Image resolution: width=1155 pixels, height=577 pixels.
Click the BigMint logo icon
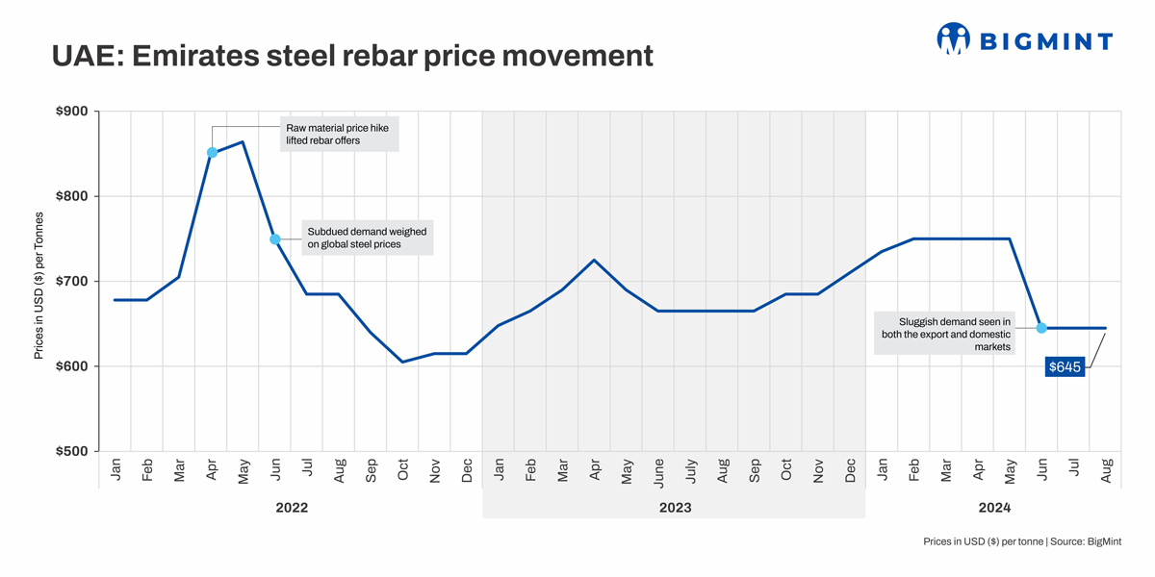pos(953,39)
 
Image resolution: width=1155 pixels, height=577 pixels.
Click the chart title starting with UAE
pos(352,56)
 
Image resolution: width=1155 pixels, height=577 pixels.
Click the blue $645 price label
pos(1065,366)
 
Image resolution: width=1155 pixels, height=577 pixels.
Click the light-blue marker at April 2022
pos(212,153)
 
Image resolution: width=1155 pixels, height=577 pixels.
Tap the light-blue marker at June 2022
pos(275,239)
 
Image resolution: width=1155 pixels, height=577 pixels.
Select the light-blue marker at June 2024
pos(1041,328)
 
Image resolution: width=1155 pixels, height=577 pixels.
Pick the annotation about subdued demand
pos(367,238)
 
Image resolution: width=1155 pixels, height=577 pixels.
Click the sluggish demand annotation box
pos(945,333)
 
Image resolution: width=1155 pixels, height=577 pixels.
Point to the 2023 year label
pos(675,507)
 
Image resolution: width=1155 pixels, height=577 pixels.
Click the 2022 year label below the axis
pos(292,507)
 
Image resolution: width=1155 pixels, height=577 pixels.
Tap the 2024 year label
pos(993,507)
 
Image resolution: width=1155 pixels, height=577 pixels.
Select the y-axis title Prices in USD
pos(39,286)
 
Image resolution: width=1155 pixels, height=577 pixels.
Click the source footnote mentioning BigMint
pos(1021,542)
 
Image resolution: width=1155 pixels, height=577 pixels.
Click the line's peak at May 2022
pos(243,142)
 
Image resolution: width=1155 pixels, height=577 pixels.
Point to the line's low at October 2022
pos(402,362)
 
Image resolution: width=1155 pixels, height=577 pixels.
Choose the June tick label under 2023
pos(658,469)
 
